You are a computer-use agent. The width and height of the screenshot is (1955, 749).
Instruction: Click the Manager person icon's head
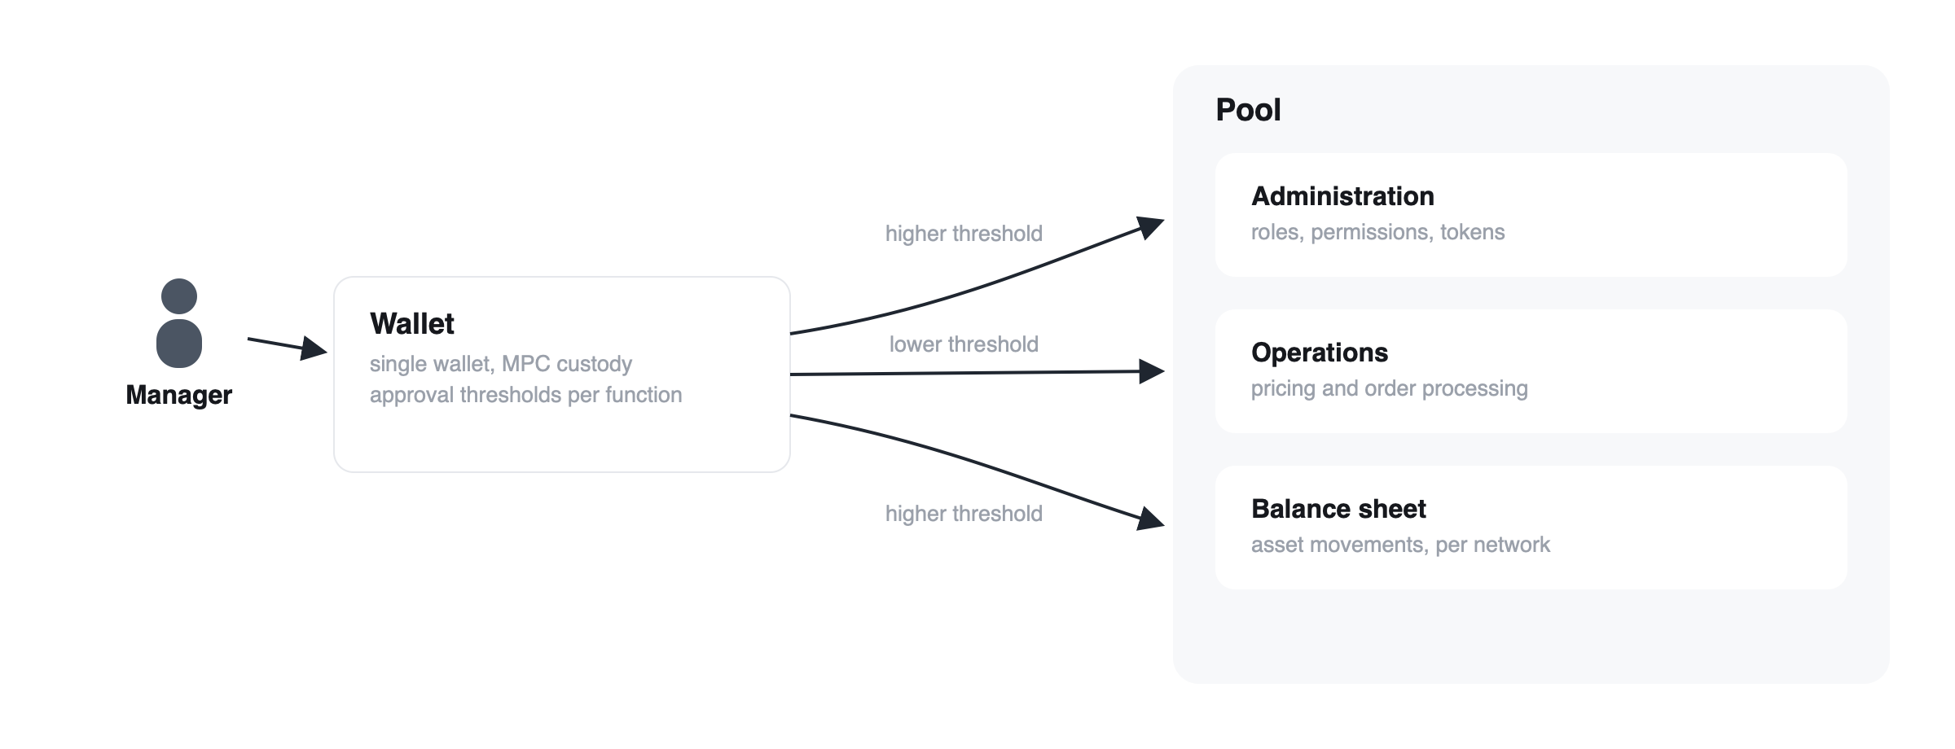179,296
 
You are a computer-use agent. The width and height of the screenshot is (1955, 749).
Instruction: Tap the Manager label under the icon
179,395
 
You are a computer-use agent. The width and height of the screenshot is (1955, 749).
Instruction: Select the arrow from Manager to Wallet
287,346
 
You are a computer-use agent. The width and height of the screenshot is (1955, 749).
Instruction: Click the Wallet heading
412,324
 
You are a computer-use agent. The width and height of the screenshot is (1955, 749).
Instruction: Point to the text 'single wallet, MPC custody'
501,364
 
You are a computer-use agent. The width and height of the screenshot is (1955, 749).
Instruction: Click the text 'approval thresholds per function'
526,395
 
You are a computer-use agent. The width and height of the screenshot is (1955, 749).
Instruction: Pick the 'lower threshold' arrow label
964,344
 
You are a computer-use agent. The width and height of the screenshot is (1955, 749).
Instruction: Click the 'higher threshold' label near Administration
964,234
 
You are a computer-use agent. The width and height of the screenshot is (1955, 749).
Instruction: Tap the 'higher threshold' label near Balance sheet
964,514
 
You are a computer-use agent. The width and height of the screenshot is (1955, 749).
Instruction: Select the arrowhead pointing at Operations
1153,371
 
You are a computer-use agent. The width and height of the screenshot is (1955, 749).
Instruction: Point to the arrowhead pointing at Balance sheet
1152,519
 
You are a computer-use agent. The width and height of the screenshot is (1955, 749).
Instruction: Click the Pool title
1248,110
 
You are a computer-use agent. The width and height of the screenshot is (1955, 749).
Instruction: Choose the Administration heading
1342,196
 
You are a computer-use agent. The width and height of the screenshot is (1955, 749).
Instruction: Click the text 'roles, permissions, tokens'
1378,232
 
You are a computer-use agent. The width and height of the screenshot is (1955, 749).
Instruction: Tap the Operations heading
1320,353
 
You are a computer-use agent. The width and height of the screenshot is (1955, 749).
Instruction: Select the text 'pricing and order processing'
1390,388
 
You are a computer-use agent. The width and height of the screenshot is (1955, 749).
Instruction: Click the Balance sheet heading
1338,509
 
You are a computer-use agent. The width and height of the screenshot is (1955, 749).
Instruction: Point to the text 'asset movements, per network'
1401,545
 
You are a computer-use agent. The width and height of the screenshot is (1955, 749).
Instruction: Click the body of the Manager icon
179,344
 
